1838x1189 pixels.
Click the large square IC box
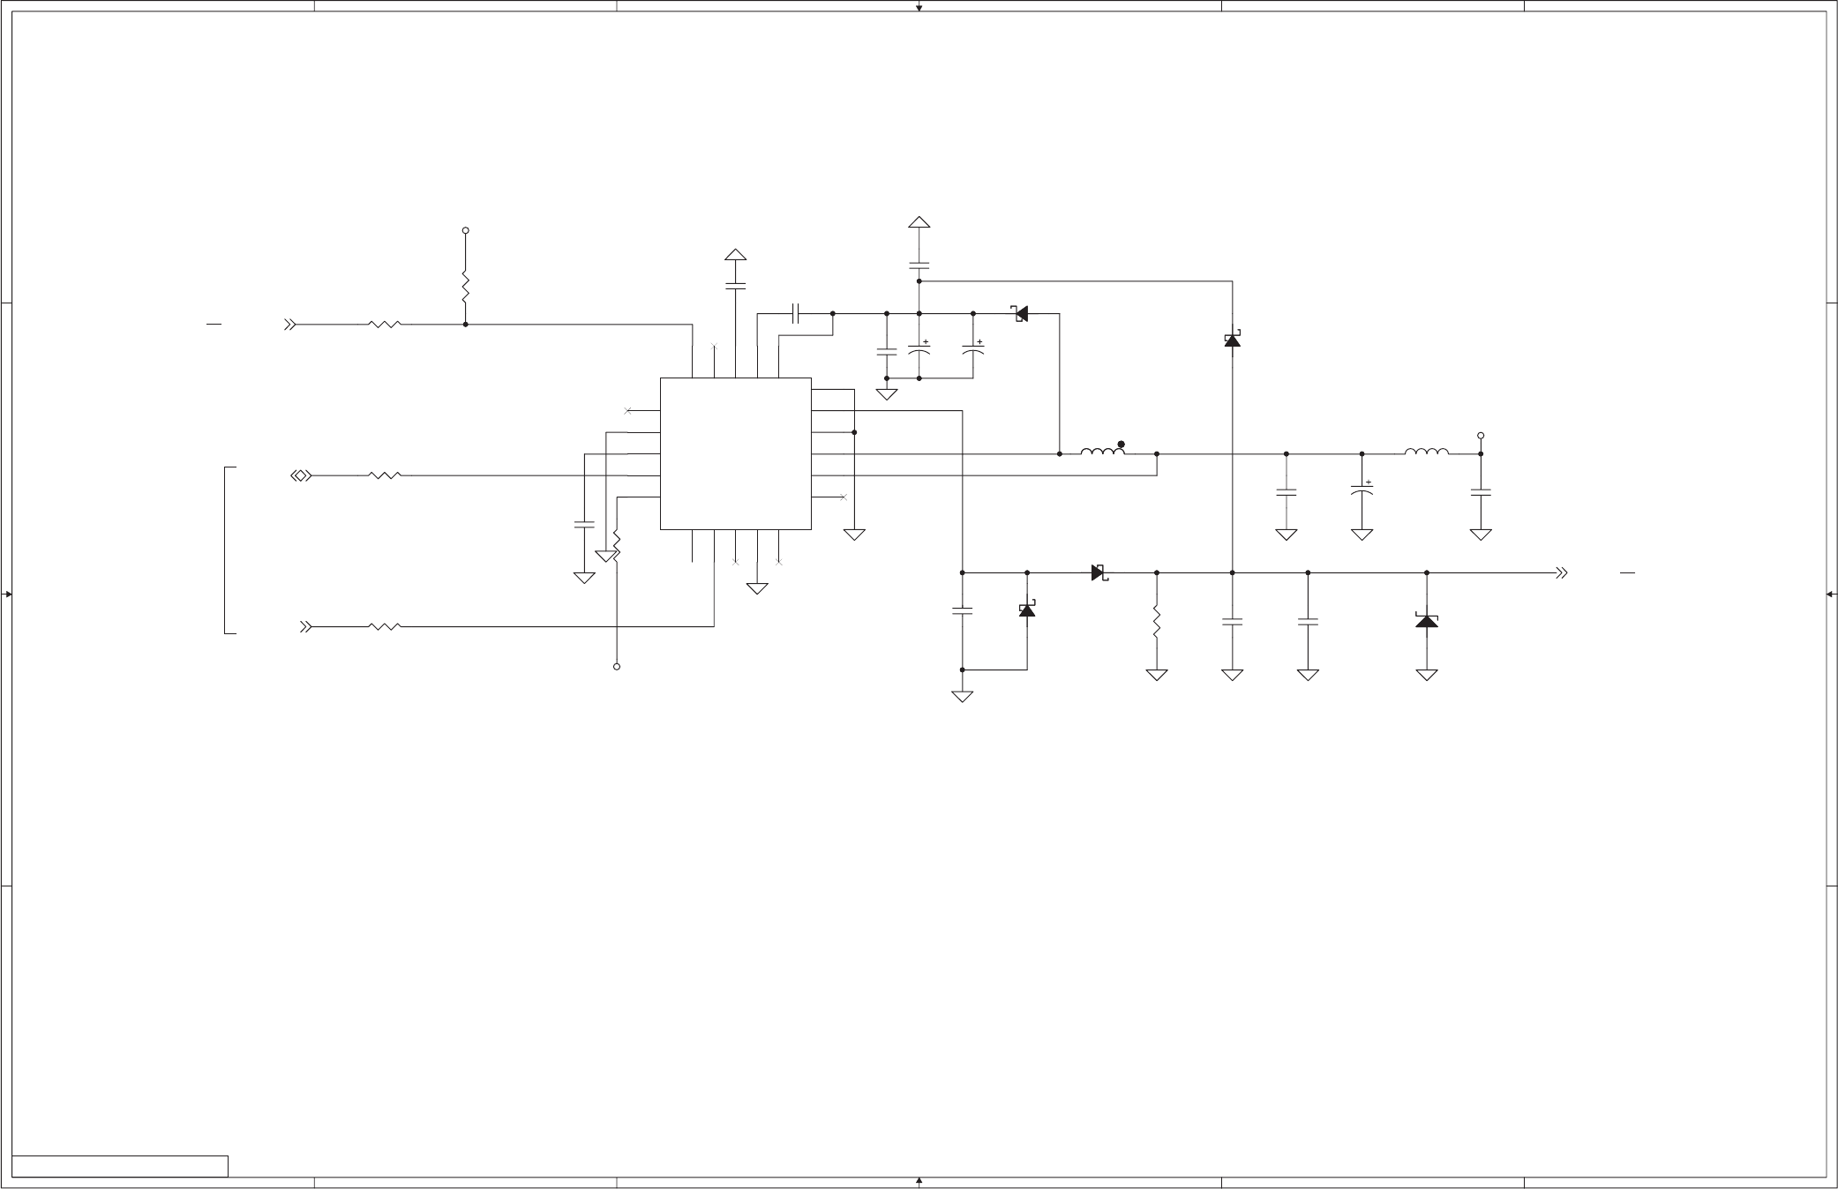[735, 453]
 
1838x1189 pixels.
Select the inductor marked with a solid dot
[1102, 452]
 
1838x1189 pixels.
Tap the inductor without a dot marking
[1426, 452]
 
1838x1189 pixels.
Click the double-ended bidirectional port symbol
[301, 476]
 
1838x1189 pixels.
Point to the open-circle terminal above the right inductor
[1481, 436]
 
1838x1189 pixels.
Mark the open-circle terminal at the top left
[465, 230]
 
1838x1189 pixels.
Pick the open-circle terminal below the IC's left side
[617, 667]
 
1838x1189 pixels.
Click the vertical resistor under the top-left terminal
[465, 287]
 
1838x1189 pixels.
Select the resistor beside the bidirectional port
[385, 476]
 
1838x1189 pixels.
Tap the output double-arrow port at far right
[1561, 573]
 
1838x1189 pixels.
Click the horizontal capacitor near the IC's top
[796, 313]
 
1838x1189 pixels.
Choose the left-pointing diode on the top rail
[1021, 313]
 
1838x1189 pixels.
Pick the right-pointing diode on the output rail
[1099, 573]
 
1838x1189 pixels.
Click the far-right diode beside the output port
[1426, 621]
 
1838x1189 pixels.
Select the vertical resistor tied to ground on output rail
[1156, 623]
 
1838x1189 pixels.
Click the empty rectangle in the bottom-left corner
[120, 1165]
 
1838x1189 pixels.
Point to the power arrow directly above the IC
[735, 256]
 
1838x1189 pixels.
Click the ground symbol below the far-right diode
[1426, 676]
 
